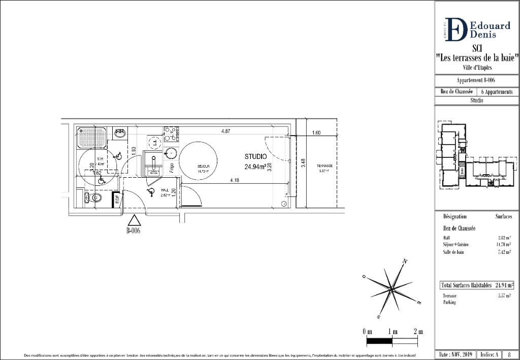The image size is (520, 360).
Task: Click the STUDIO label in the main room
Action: click(255, 156)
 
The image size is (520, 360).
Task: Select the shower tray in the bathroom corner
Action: click(92, 138)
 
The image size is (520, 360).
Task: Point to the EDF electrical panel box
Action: click(117, 199)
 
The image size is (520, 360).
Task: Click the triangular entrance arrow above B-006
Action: click(134, 220)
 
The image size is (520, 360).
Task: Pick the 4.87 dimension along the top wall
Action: click(225, 132)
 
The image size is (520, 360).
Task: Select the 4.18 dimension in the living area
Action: click(234, 180)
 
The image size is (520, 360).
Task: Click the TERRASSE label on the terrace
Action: click(324, 166)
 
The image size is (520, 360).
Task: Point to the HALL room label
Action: click(165, 189)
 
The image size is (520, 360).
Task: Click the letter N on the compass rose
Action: click(405, 261)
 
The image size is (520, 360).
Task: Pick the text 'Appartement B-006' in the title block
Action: click(476, 81)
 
